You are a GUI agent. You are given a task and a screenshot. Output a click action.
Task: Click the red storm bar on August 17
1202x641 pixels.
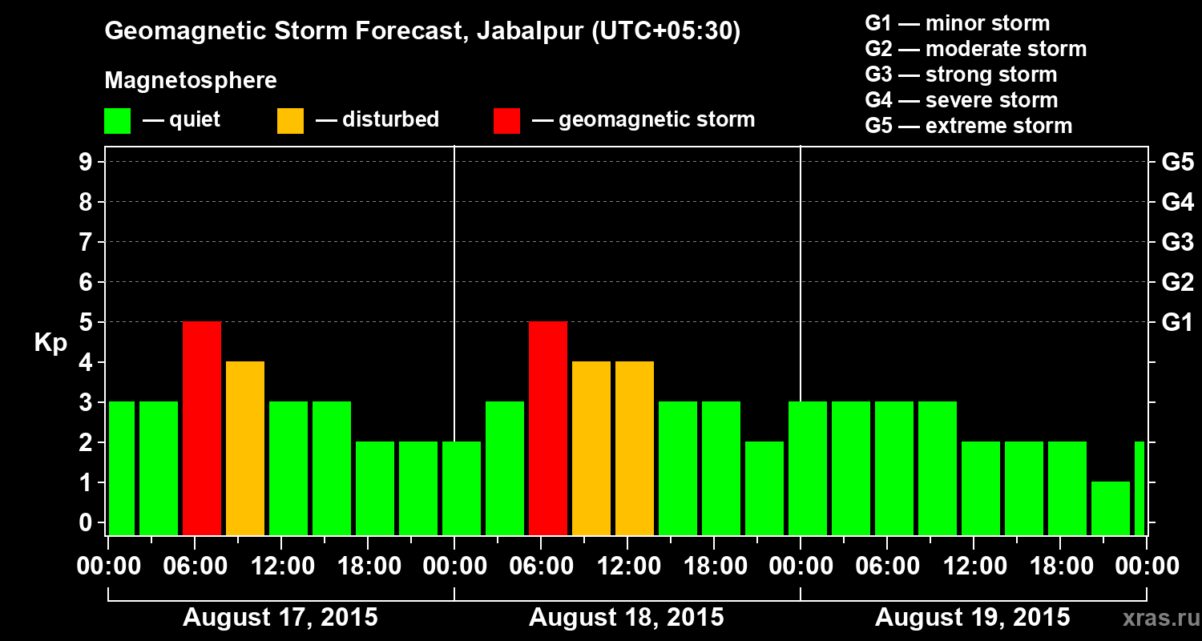pyautogui.click(x=202, y=428)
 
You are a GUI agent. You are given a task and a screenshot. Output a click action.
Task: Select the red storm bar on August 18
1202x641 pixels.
pyautogui.click(x=548, y=428)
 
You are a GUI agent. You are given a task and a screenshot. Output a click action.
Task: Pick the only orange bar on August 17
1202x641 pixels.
pyautogui.click(x=245, y=448)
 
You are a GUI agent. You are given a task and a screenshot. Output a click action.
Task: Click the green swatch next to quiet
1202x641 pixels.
pyautogui.click(x=118, y=121)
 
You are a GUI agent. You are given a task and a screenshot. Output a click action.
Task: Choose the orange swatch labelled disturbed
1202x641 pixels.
pyautogui.click(x=290, y=121)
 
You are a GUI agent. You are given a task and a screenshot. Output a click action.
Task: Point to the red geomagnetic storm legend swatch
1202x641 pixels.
pyautogui.click(x=506, y=121)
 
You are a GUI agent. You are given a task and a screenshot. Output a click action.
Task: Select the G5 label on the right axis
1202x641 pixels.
pyautogui.click(x=1177, y=163)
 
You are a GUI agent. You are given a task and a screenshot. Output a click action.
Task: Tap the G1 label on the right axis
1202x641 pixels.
pyautogui.click(x=1177, y=323)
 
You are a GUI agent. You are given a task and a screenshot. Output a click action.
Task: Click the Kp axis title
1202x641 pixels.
pyautogui.click(x=50, y=343)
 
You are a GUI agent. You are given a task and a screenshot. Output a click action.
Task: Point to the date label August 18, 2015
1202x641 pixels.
pyautogui.click(x=627, y=618)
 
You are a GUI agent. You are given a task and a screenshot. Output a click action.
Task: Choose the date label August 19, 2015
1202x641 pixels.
pyautogui.click(x=972, y=618)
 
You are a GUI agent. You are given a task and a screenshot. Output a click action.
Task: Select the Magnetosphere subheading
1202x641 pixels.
pyautogui.click(x=191, y=81)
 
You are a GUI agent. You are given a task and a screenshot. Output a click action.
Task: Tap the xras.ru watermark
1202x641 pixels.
pyautogui.click(x=1156, y=619)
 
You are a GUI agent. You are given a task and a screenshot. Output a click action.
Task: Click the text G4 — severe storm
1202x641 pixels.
pyautogui.click(x=962, y=100)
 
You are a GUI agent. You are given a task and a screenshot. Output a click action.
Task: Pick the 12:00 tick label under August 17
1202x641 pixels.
pyautogui.click(x=282, y=566)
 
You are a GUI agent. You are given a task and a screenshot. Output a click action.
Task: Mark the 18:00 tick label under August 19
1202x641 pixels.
pyautogui.click(x=1061, y=566)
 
